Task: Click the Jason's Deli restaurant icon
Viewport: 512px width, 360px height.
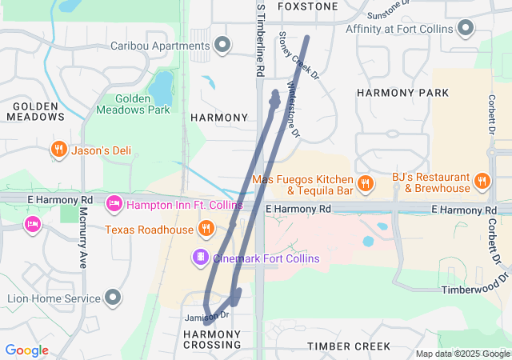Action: pyautogui.click(x=58, y=150)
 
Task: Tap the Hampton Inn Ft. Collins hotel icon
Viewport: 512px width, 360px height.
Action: pyautogui.click(x=114, y=205)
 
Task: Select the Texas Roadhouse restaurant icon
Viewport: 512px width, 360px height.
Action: pyautogui.click(x=206, y=230)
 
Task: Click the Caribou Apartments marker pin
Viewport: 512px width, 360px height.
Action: pyautogui.click(x=222, y=44)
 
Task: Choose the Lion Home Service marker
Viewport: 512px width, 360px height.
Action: pyautogui.click(x=113, y=298)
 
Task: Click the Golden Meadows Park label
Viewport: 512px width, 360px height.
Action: pyautogui.click(x=133, y=104)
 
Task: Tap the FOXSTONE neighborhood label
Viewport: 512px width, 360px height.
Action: pyautogui.click(x=307, y=6)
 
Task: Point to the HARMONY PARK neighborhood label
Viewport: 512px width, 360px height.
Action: pyautogui.click(x=402, y=93)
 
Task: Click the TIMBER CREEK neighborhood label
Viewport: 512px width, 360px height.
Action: pyautogui.click(x=349, y=346)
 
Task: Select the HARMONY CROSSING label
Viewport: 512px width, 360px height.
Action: pyautogui.click(x=212, y=338)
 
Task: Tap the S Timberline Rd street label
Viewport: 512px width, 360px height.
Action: pyautogui.click(x=261, y=40)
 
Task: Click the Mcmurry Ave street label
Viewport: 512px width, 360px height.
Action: pyautogui.click(x=82, y=238)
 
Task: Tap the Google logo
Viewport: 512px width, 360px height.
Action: pyautogui.click(x=27, y=350)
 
